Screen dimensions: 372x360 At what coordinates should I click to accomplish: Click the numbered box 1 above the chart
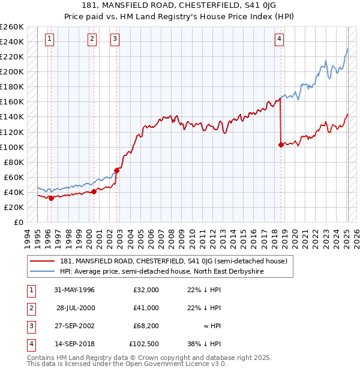49,40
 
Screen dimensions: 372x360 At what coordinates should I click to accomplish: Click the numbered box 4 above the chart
280,40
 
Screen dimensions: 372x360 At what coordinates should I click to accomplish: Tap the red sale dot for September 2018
281,145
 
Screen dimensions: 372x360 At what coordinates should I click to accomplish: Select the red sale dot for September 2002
117,170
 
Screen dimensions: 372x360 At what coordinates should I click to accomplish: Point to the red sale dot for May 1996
51,198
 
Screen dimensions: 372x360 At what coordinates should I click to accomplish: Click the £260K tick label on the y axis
11,27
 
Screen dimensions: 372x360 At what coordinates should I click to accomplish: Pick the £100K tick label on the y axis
11,147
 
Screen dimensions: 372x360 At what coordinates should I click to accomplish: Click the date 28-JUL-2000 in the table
76,308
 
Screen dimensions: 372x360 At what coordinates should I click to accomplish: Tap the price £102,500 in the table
143,344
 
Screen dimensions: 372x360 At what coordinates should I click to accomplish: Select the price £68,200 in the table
146,326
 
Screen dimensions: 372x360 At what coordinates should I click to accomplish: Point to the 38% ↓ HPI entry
204,344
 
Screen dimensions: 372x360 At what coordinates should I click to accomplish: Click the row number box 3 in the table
29,326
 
